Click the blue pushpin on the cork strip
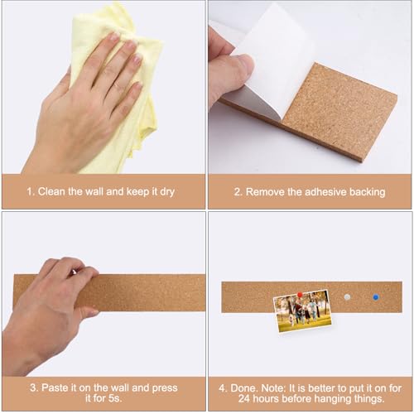pyautogui.click(x=374, y=296)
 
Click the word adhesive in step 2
pyautogui.click(x=321, y=191)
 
